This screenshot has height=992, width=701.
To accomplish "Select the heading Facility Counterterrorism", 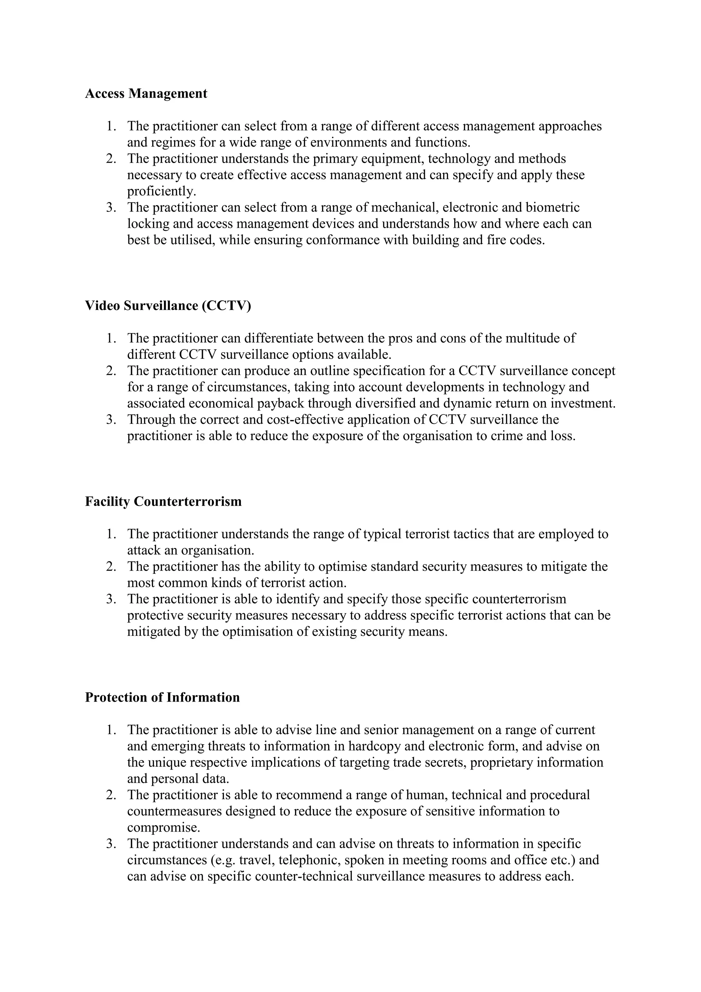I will click(163, 501).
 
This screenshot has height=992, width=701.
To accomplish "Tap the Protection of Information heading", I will click(162, 697).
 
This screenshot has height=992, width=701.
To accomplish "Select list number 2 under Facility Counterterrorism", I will click(111, 567).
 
